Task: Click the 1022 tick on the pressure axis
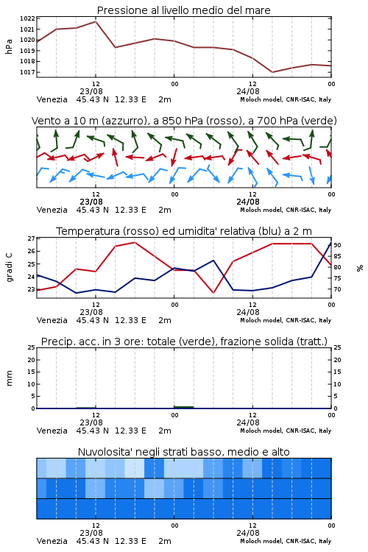tap(27, 18)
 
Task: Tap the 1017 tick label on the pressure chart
tap(27, 72)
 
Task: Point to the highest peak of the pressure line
tap(96, 21)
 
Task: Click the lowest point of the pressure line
tap(272, 72)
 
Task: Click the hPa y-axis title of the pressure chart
tap(9, 46)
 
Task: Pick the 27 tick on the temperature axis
tap(32, 238)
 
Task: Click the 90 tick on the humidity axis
tap(337, 245)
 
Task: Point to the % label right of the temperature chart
tap(360, 268)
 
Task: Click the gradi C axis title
tap(10, 268)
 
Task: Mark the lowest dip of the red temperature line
tap(213, 292)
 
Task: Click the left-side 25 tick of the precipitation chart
tap(32, 347)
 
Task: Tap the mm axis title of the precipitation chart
tap(9, 378)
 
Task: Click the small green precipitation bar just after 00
tap(184, 407)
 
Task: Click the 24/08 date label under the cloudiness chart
tap(248, 533)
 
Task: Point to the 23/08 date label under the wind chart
tap(91, 202)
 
